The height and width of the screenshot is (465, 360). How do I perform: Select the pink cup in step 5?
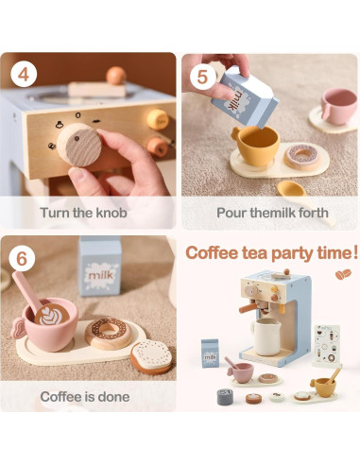tap(337, 106)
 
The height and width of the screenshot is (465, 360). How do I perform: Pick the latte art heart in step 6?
tap(49, 316)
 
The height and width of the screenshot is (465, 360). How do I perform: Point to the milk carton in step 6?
tap(100, 267)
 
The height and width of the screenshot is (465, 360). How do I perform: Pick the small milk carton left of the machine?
tap(210, 353)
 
